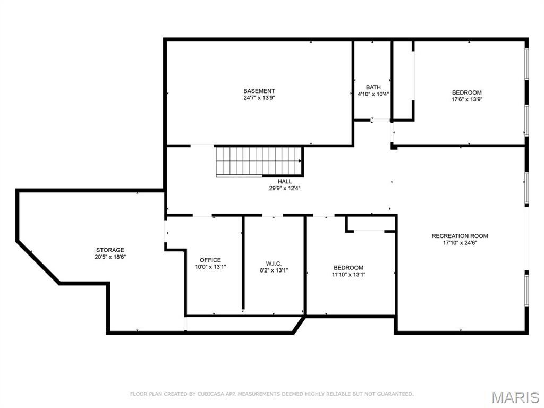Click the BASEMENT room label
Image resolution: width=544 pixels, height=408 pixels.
click(259, 91)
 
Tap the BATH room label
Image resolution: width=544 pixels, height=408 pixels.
click(373, 87)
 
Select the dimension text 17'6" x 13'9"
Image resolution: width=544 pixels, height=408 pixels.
click(466, 99)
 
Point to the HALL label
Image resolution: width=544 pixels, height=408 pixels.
click(285, 181)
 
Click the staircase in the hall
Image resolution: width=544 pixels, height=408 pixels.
click(259, 161)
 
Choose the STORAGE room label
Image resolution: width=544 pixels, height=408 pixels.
click(110, 250)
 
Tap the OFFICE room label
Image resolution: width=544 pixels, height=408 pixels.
click(210, 260)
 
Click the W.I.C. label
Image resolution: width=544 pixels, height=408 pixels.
click(274, 263)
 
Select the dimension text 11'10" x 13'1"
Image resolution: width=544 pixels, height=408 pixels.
click(348, 275)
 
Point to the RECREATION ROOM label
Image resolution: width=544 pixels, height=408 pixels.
click(460, 236)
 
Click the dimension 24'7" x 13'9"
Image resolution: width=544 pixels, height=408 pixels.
click(259, 98)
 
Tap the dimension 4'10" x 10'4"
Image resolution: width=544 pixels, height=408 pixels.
click(373, 94)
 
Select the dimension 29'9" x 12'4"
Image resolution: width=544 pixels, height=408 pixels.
click(285, 188)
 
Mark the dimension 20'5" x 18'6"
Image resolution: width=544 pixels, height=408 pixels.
click(110, 257)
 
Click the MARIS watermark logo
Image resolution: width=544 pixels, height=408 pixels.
click(515, 397)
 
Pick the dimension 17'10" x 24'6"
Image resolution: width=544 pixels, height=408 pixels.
click(460, 243)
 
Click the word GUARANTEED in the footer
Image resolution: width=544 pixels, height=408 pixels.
click(394, 394)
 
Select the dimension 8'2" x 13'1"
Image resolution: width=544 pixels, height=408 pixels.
click(274, 270)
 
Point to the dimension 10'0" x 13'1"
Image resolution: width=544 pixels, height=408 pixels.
click(210, 267)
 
